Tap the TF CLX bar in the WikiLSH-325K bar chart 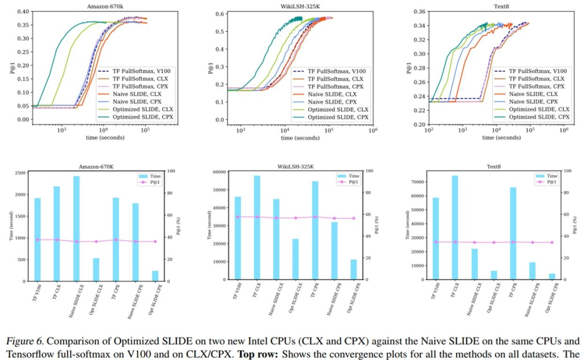point(257,228)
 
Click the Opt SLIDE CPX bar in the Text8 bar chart point(552,277)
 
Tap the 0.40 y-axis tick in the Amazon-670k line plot point(23,12)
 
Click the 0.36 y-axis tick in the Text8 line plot point(419,11)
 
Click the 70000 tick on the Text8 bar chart point(417,182)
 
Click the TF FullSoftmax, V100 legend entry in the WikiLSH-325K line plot point(329,71)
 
